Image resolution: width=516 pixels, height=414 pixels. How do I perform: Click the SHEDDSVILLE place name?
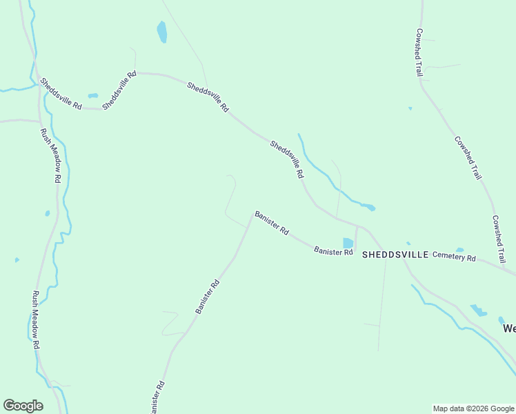tap(395, 254)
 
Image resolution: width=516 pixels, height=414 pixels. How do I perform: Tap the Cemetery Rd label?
tap(454, 257)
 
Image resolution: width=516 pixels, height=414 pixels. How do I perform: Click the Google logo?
tap(23, 406)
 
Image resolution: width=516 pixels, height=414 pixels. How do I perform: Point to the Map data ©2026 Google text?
tap(473, 408)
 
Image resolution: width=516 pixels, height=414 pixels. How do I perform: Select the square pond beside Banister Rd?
tap(348, 243)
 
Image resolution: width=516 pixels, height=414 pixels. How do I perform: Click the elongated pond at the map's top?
tap(161, 32)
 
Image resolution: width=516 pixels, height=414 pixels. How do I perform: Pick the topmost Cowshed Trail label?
tap(419, 52)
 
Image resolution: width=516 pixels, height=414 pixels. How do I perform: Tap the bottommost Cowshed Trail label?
tap(499, 239)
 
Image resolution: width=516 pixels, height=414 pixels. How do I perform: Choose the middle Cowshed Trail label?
tap(468, 158)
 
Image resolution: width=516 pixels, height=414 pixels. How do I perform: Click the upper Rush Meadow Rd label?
tap(50, 155)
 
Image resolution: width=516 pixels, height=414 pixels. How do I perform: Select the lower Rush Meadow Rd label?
tap(35, 320)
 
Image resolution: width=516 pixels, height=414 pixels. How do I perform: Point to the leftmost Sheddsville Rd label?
tap(61, 94)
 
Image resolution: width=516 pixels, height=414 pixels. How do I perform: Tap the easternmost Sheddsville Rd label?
tap(287, 160)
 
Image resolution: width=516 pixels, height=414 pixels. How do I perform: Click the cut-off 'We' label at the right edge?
tap(508, 328)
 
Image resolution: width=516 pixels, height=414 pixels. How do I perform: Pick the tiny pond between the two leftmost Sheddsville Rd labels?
tap(93, 96)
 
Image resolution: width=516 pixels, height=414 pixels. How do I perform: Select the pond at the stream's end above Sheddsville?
tap(369, 206)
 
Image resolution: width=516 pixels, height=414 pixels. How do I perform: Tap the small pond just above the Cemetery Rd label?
tap(459, 250)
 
